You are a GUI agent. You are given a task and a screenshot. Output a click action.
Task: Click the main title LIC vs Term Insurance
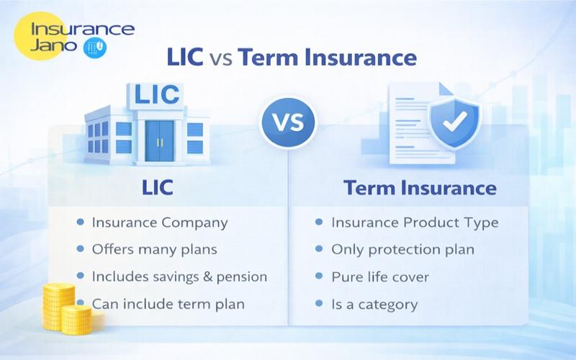click(x=291, y=58)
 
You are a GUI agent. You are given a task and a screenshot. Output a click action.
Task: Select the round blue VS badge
click(x=287, y=122)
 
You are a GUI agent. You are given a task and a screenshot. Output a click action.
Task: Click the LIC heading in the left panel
click(x=157, y=188)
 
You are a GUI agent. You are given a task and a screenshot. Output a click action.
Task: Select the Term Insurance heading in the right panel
click(x=420, y=188)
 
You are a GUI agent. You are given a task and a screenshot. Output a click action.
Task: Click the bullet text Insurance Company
click(x=159, y=222)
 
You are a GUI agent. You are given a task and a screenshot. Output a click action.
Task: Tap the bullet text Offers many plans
click(x=154, y=250)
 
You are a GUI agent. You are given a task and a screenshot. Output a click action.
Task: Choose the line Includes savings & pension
click(x=179, y=276)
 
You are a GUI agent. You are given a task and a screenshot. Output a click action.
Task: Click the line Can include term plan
click(x=168, y=304)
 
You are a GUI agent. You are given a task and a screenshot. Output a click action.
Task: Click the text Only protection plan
click(x=402, y=250)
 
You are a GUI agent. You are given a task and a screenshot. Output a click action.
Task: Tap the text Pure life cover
click(x=380, y=276)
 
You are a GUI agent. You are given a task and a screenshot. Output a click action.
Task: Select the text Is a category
click(x=374, y=304)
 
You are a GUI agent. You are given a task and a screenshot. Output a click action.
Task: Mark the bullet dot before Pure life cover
click(x=319, y=276)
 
